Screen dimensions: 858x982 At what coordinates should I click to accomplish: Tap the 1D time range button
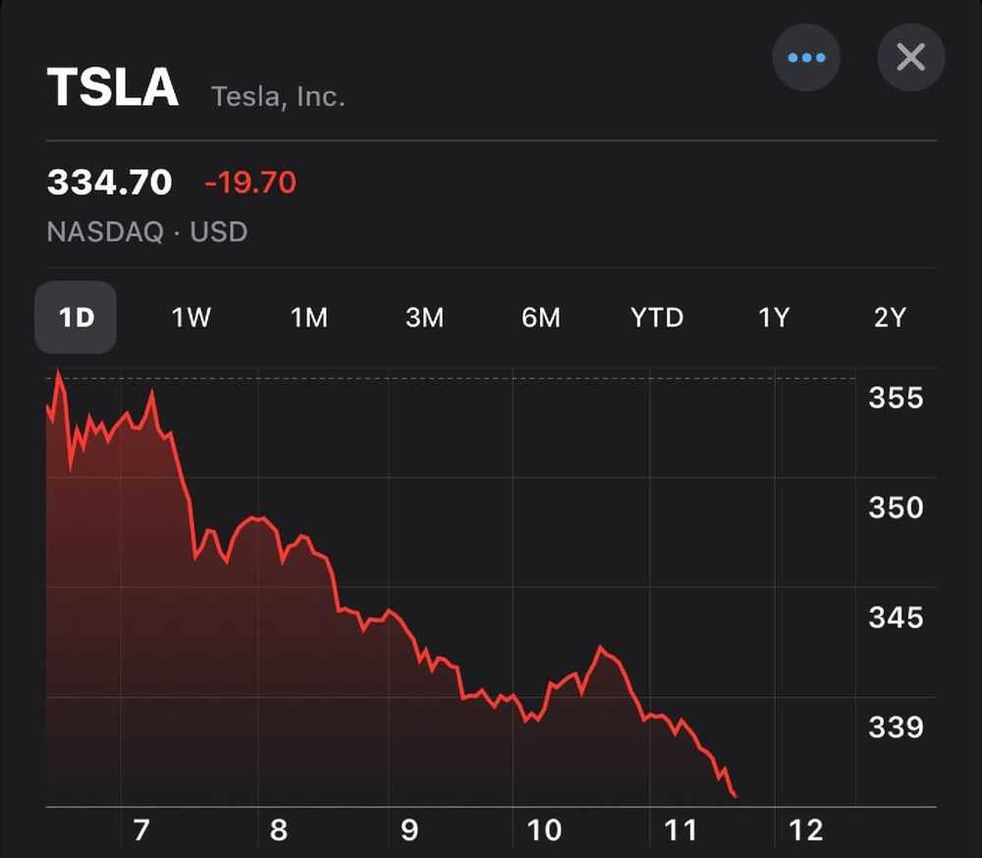click(76, 318)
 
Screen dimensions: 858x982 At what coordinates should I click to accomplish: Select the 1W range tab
click(191, 318)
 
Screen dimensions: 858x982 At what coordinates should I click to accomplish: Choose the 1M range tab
click(308, 318)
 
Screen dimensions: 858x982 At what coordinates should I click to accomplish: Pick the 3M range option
click(424, 318)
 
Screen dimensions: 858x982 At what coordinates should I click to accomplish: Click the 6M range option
click(541, 318)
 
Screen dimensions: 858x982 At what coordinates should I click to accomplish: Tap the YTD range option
click(657, 318)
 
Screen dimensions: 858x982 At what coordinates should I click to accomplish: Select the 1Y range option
click(774, 318)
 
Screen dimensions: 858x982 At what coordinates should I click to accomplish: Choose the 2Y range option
click(889, 318)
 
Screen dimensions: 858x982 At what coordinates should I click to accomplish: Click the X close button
click(910, 58)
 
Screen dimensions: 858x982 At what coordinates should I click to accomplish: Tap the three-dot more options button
click(806, 58)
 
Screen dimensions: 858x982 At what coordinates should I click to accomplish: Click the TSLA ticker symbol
click(113, 88)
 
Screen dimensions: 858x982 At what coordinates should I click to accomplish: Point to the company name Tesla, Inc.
click(278, 97)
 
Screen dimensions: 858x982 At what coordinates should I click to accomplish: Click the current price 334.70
click(110, 183)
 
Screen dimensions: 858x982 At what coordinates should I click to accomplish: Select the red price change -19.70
click(249, 183)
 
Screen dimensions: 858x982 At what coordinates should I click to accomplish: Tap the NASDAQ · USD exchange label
click(147, 233)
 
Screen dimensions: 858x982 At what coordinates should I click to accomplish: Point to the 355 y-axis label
click(896, 398)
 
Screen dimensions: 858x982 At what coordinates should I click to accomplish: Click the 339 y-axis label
click(896, 726)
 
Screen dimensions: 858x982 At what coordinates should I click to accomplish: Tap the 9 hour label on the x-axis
click(409, 831)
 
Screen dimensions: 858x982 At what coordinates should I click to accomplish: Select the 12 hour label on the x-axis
click(805, 831)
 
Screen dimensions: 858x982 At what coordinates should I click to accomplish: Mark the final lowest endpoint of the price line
click(736, 796)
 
